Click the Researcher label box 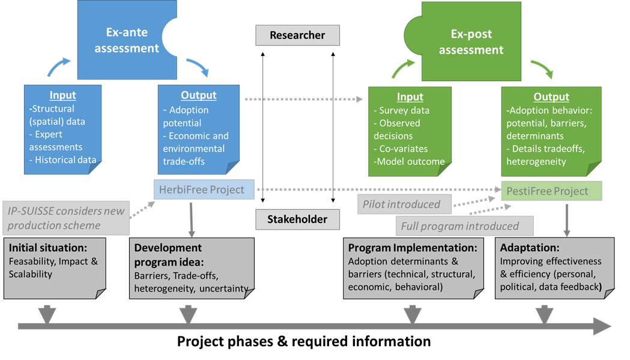coord(297,35)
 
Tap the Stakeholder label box coord(297,219)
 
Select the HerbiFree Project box coord(204,190)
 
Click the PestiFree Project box coord(551,191)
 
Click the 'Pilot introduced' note coord(401,204)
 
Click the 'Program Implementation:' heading coord(413,248)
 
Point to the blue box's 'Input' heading coord(62,96)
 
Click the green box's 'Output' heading coord(551,97)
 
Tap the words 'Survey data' coord(405,110)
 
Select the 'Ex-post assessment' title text coord(471,42)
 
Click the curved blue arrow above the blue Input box coord(59,66)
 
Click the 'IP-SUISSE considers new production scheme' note coord(66,218)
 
